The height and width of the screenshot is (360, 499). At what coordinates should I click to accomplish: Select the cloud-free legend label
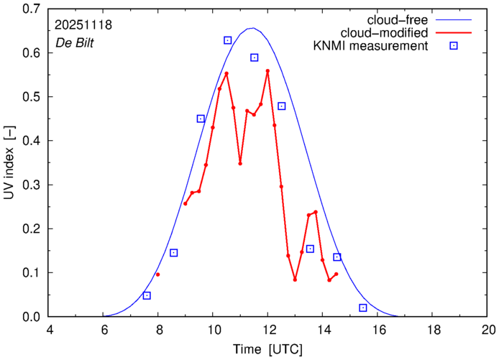406,19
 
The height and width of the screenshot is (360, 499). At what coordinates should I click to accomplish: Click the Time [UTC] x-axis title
267,349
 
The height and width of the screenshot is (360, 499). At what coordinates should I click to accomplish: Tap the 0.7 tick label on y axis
32,9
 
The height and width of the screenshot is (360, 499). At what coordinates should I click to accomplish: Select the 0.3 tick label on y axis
32,185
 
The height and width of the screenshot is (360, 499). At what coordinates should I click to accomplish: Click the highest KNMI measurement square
227,40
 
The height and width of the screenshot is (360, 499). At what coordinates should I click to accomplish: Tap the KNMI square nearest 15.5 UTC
363,308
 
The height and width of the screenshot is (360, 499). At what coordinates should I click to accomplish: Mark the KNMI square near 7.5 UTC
147,295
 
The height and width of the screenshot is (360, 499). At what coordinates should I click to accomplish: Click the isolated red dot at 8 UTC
158,274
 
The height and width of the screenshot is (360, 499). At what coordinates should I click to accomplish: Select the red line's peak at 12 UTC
267,71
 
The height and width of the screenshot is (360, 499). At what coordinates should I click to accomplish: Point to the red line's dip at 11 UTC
240,163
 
